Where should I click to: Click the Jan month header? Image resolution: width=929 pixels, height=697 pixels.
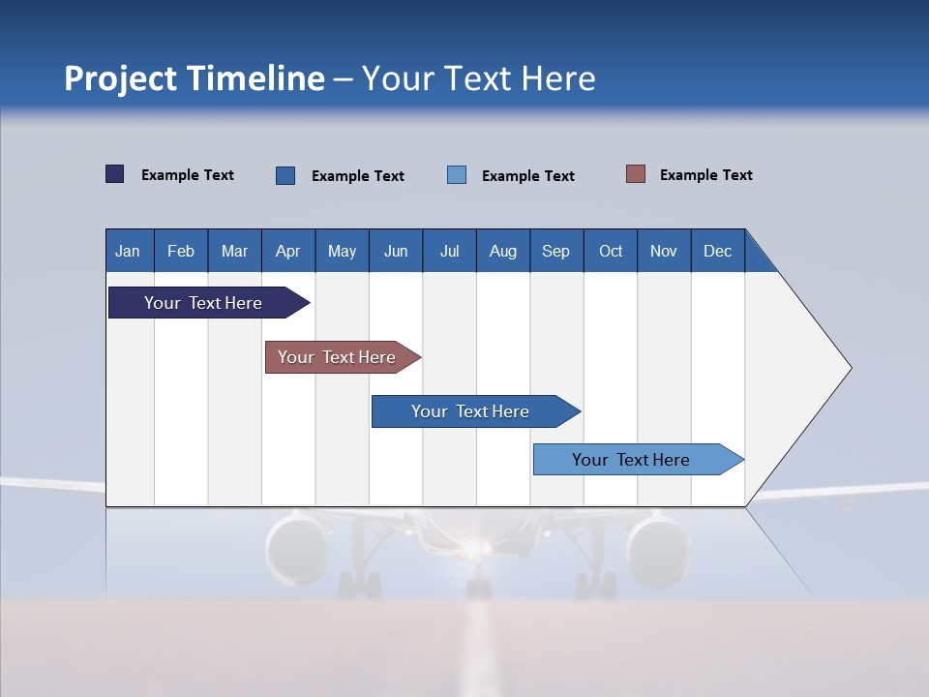tap(128, 251)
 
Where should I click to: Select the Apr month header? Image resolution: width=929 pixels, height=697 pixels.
tap(287, 251)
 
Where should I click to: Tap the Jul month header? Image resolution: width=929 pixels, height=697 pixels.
tap(449, 251)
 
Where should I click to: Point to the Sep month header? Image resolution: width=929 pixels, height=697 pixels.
tap(555, 251)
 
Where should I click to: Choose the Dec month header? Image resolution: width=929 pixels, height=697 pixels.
tap(717, 251)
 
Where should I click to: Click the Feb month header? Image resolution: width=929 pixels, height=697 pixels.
tap(181, 251)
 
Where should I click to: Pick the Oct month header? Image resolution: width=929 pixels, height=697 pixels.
tap(611, 251)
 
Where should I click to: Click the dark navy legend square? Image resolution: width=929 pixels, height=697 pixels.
tap(115, 174)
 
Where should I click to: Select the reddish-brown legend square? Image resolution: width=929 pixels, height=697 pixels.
tap(636, 174)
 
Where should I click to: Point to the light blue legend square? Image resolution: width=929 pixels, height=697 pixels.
tap(457, 175)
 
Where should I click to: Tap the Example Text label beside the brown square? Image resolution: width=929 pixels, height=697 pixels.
tap(705, 175)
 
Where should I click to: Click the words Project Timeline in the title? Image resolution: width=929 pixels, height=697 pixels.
tap(195, 78)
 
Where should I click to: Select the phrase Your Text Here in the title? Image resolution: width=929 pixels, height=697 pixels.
tap(478, 78)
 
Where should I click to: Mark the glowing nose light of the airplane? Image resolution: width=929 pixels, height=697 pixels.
tap(473, 549)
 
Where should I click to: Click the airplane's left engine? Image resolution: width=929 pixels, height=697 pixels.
tap(297, 549)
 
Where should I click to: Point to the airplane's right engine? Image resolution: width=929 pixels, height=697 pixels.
tap(657, 549)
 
